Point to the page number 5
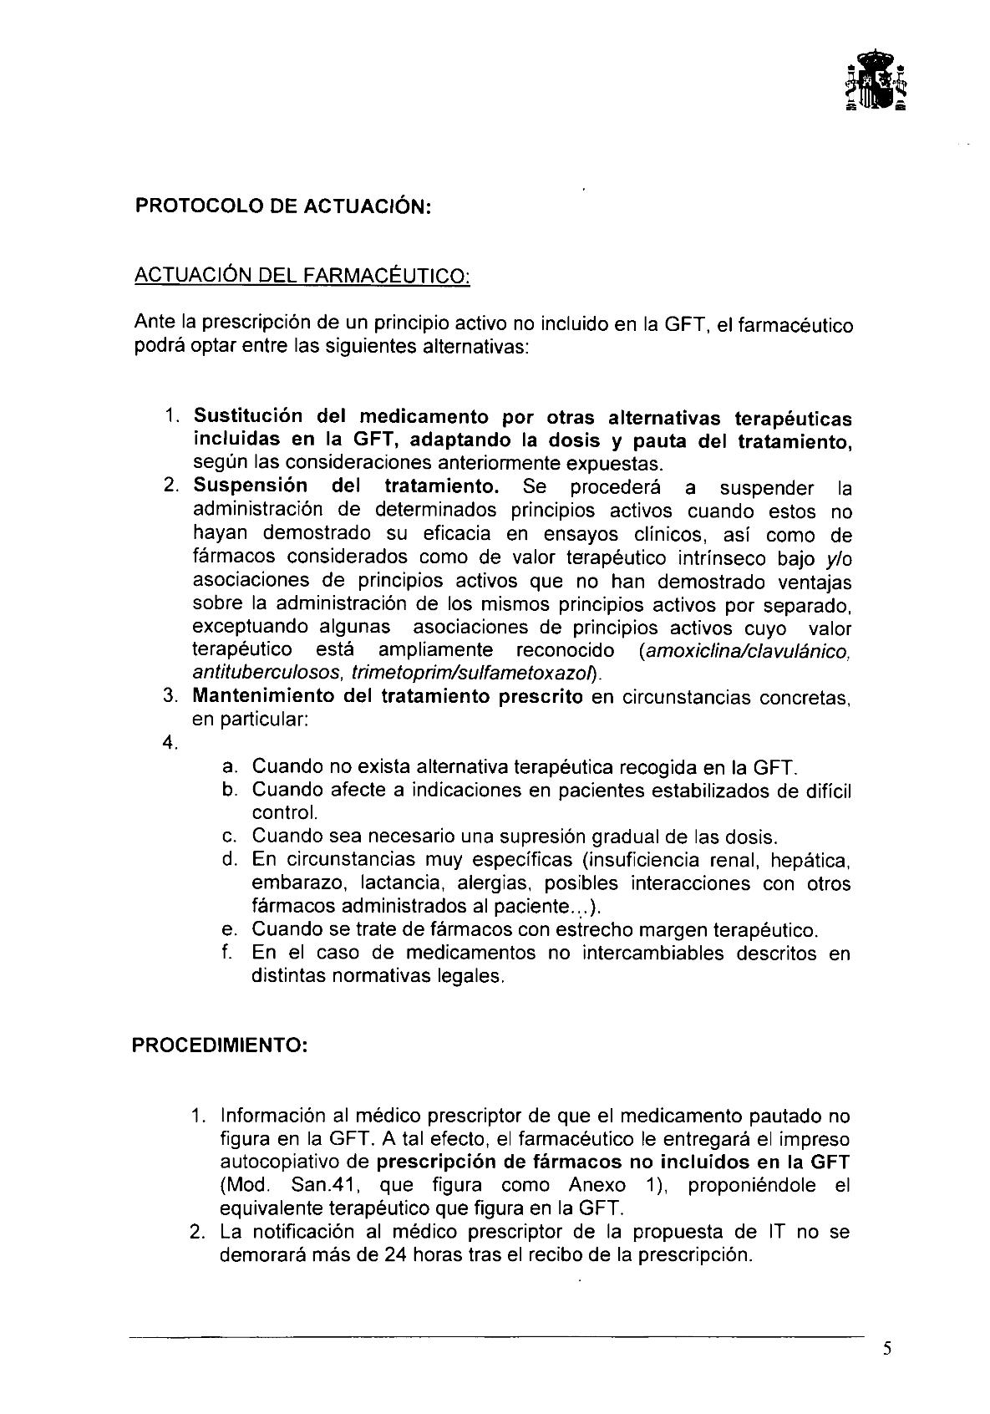887,1347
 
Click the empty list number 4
171,743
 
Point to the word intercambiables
636,953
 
